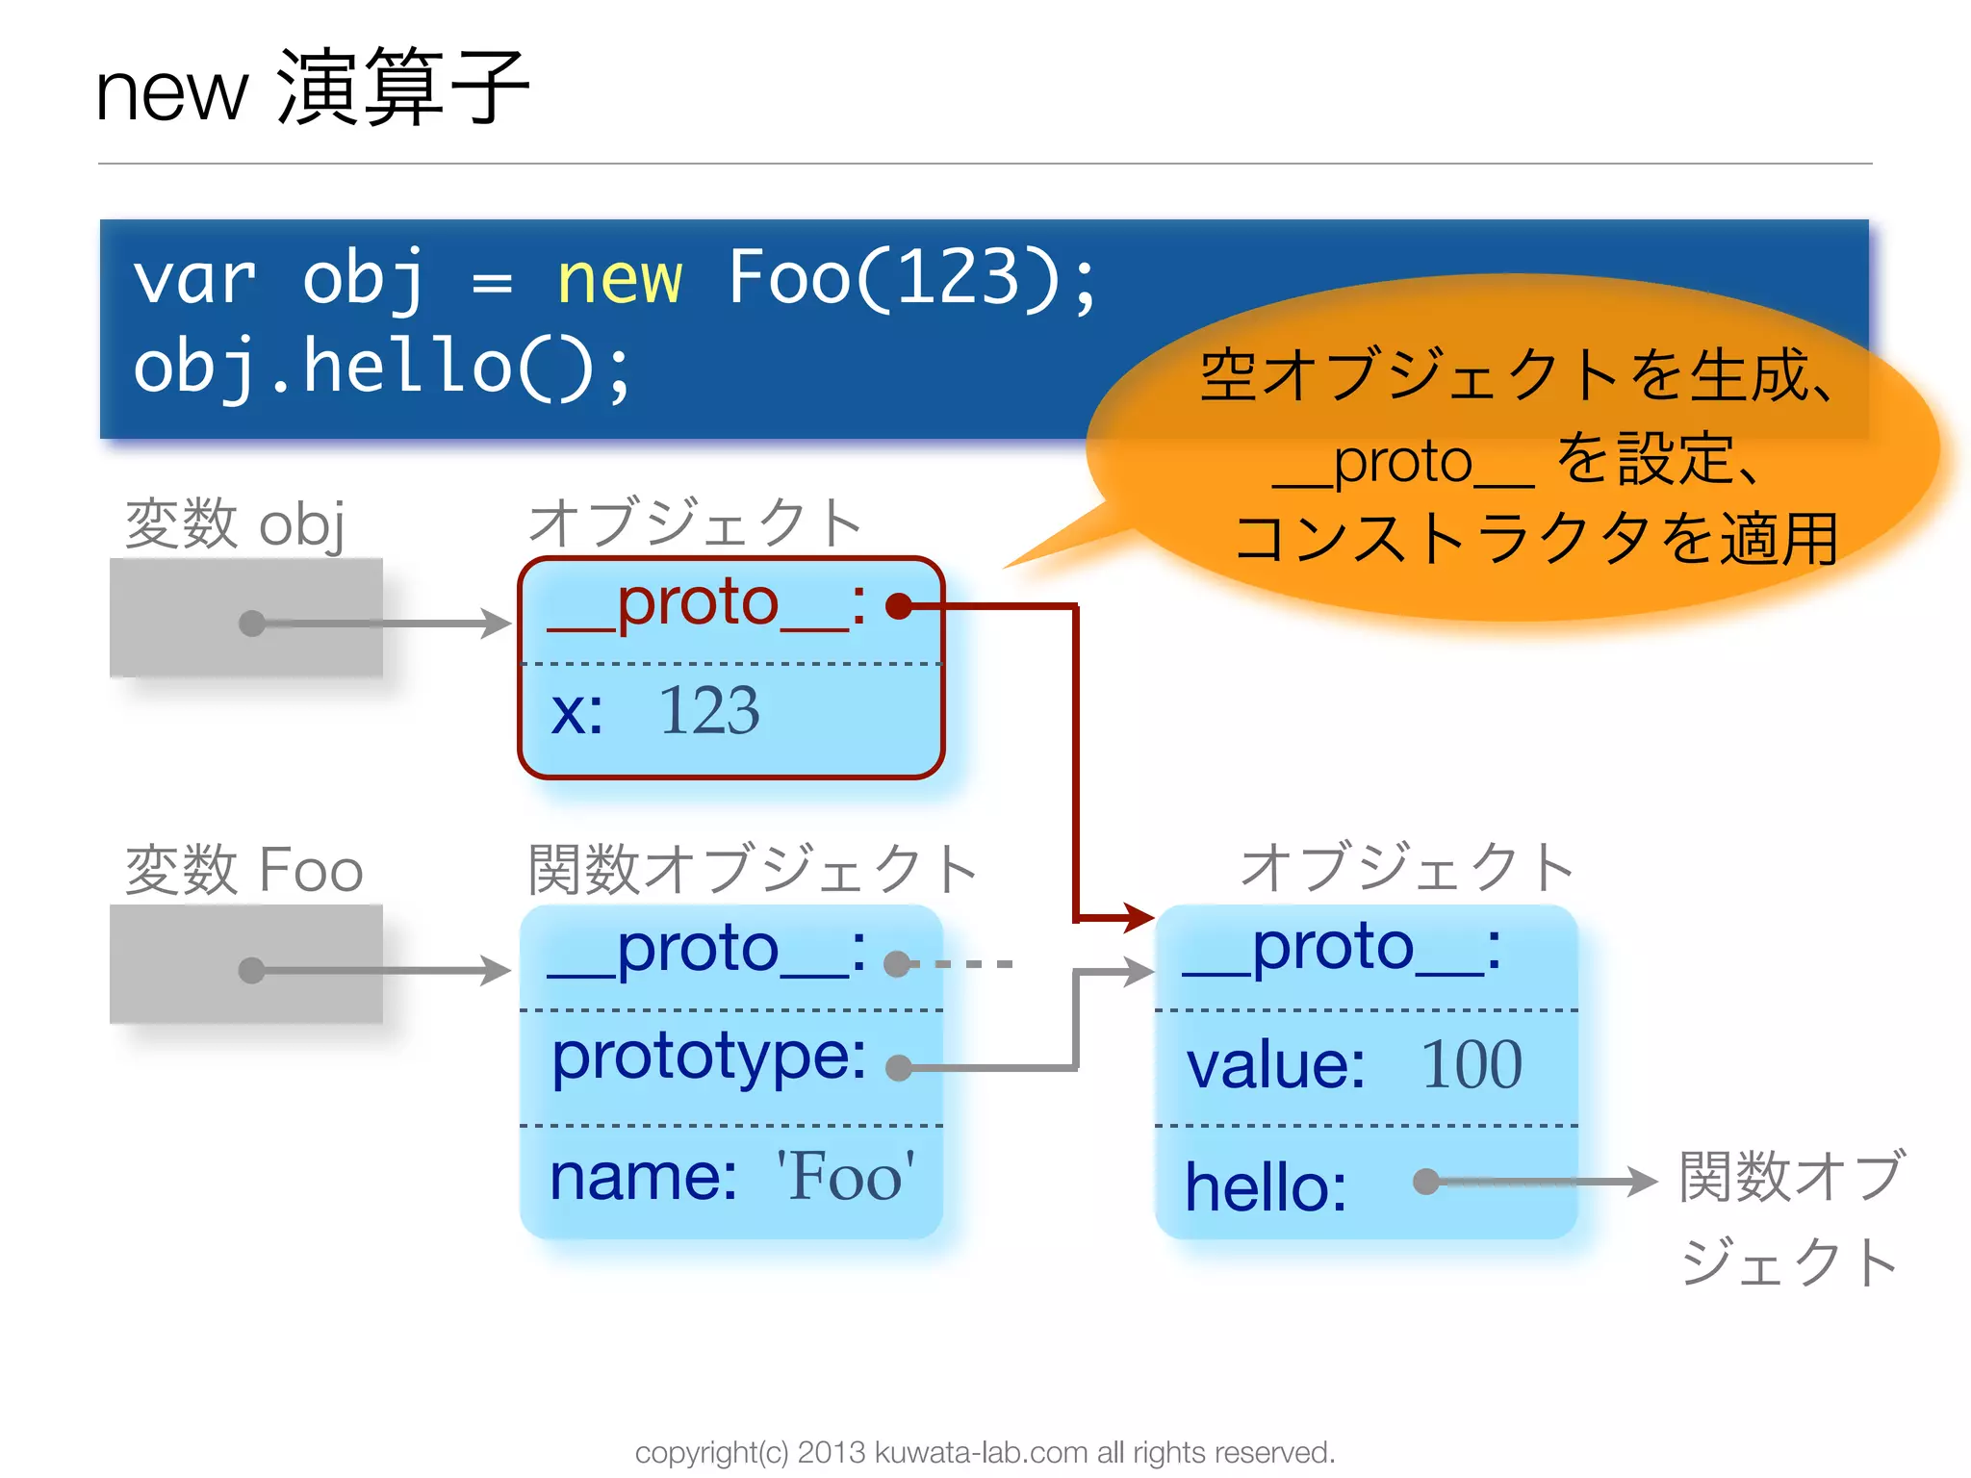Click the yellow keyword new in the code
(619, 280)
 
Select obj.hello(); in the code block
(382, 369)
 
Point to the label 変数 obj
(235, 524)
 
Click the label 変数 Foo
(244, 870)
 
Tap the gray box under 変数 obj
(245, 618)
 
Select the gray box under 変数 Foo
(245, 964)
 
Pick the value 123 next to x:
(708, 712)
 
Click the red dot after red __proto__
(899, 606)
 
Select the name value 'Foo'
(846, 1177)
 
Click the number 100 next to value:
(1471, 1065)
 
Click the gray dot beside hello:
(1426, 1181)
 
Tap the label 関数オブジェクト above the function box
(752, 869)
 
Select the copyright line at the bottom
(985, 1452)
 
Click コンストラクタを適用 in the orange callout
(1536, 539)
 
